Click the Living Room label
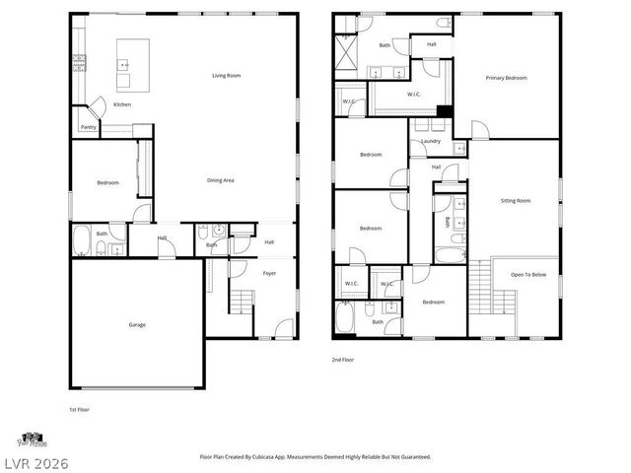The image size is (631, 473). pyautogui.click(x=227, y=76)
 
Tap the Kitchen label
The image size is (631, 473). pyautogui.click(x=122, y=104)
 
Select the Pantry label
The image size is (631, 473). pyautogui.click(x=88, y=127)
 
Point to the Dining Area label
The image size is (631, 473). pyautogui.click(x=220, y=180)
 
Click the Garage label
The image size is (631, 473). pyautogui.click(x=136, y=324)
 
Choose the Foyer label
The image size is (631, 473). pyautogui.click(x=269, y=273)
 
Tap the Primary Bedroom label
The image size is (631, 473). pyautogui.click(x=506, y=78)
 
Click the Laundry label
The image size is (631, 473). pyautogui.click(x=431, y=141)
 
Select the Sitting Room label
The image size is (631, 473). pyautogui.click(x=515, y=200)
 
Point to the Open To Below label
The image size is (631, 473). pyautogui.click(x=528, y=275)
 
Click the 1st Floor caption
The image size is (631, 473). pyautogui.click(x=79, y=409)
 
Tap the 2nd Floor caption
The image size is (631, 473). pyautogui.click(x=343, y=361)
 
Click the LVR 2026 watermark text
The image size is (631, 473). pyautogui.click(x=35, y=461)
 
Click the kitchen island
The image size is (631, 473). pyautogui.click(x=133, y=54)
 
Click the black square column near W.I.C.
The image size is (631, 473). pyautogui.click(x=444, y=111)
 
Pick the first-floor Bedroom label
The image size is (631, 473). pyautogui.click(x=107, y=183)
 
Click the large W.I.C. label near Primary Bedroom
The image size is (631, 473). pyautogui.click(x=415, y=95)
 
